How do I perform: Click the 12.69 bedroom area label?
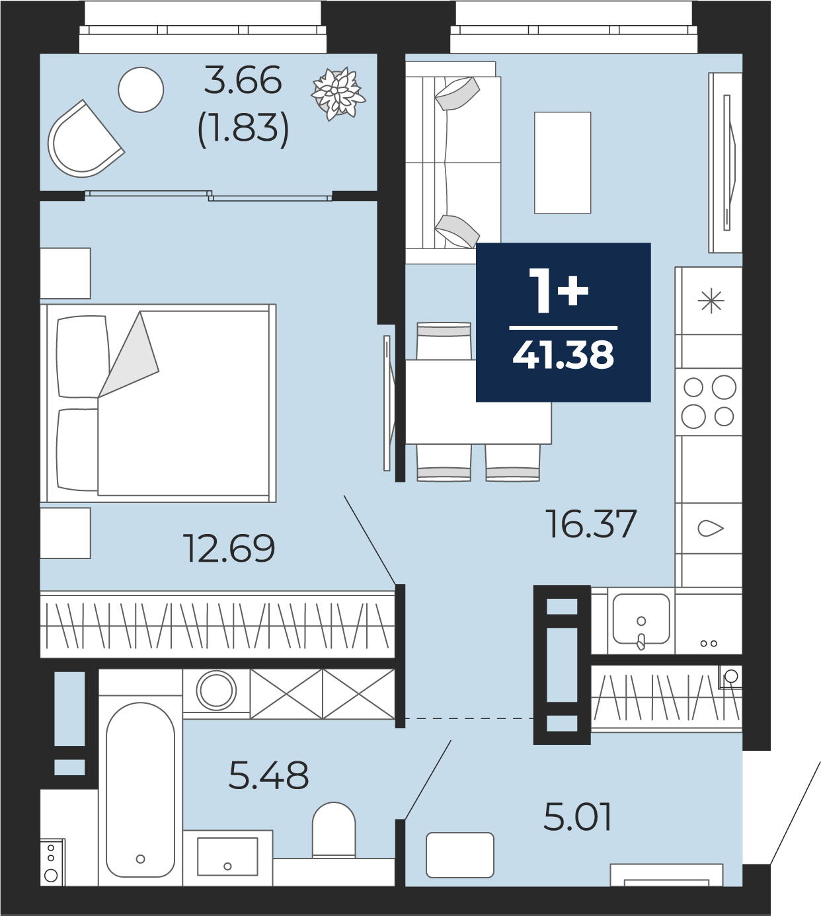229,548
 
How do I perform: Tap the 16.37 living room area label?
591,523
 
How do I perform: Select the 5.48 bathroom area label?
268,775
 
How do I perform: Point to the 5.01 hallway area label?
577,817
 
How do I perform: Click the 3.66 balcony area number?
243,80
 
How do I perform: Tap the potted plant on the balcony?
338,94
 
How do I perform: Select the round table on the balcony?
141,89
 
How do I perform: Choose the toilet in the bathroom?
334,830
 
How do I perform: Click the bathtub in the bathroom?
140,791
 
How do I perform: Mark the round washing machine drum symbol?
216,691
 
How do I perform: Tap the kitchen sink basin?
641,619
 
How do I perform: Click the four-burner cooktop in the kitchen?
709,401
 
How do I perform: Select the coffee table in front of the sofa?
563,163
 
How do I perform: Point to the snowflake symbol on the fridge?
711,301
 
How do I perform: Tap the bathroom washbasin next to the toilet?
227,856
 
